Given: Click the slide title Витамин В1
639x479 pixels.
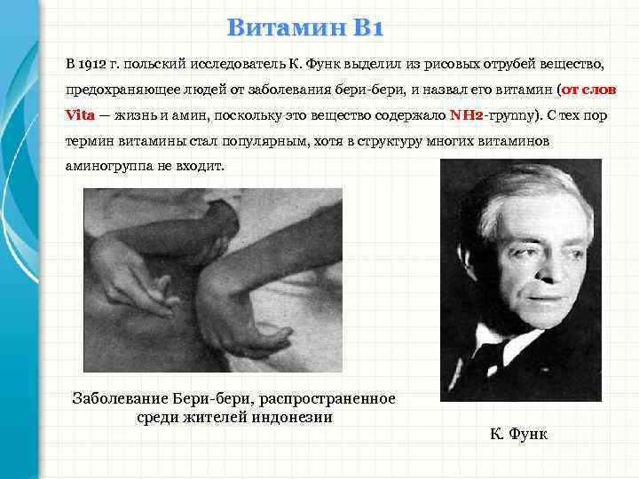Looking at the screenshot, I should (304, 29).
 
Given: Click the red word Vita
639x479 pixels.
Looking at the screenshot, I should (80, 115).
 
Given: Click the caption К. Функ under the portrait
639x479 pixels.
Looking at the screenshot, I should (518, 434).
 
